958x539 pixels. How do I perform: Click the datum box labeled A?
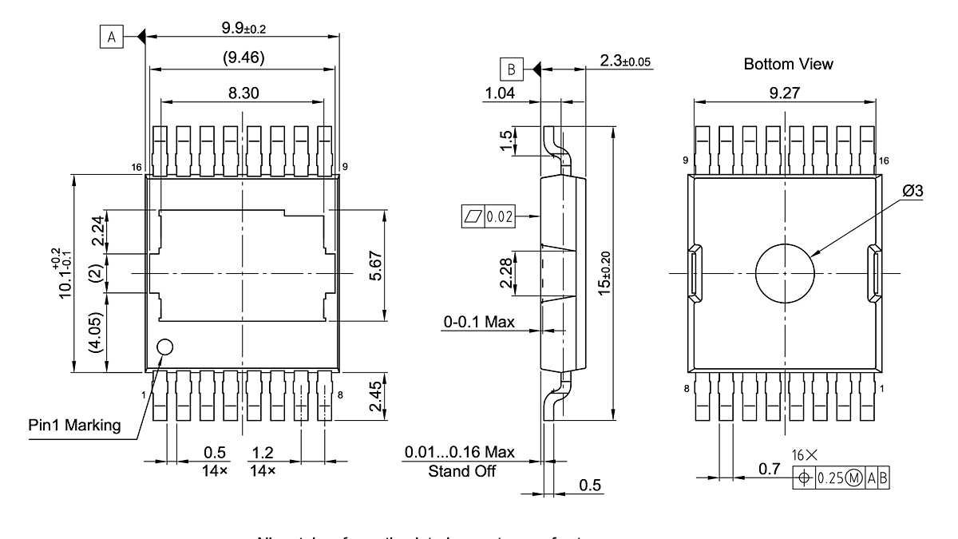coord(111,37)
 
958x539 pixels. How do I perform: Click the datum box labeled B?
coord(511,69)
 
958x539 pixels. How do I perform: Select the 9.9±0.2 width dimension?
coord(243,28)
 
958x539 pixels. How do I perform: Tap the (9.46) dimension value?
coord(243,57)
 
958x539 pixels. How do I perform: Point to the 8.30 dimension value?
coord(244,93)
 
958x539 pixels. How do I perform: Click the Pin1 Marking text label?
coord(71,425)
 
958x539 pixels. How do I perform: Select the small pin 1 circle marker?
coord(164,347)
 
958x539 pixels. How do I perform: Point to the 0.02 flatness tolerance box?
coord(489,216)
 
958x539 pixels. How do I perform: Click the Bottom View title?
coord(788,64)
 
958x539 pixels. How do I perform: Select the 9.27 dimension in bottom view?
coord(787,93)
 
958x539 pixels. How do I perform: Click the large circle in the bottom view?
coord(785,273)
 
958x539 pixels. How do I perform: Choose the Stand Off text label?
coord(461,471)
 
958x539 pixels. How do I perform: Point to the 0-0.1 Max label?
coord(479,322)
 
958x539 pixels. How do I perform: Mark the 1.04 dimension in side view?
coord(499,93)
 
